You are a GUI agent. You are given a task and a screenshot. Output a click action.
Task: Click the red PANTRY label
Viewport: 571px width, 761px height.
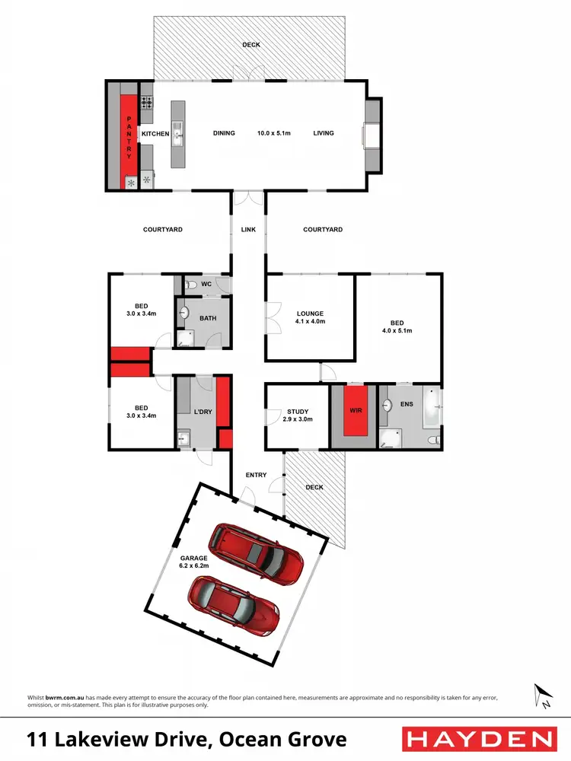click(129, 134)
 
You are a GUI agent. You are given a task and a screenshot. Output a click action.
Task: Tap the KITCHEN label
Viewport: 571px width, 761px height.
click(155, 134)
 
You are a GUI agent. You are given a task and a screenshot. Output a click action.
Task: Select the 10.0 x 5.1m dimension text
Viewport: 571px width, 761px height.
click(274, 133)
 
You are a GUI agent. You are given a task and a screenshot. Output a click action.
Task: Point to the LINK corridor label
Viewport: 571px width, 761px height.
click(248, 229)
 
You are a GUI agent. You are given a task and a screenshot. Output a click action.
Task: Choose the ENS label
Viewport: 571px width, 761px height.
click(407, 404)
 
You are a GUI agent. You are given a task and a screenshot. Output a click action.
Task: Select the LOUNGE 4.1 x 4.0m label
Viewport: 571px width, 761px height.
click(310, 317)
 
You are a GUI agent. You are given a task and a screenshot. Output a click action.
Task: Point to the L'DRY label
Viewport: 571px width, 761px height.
click(202, 412)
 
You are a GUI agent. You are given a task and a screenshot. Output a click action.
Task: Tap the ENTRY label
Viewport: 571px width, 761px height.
click(257, 475)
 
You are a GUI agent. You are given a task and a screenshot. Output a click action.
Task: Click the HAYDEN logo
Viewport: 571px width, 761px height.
click(477, 739)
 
